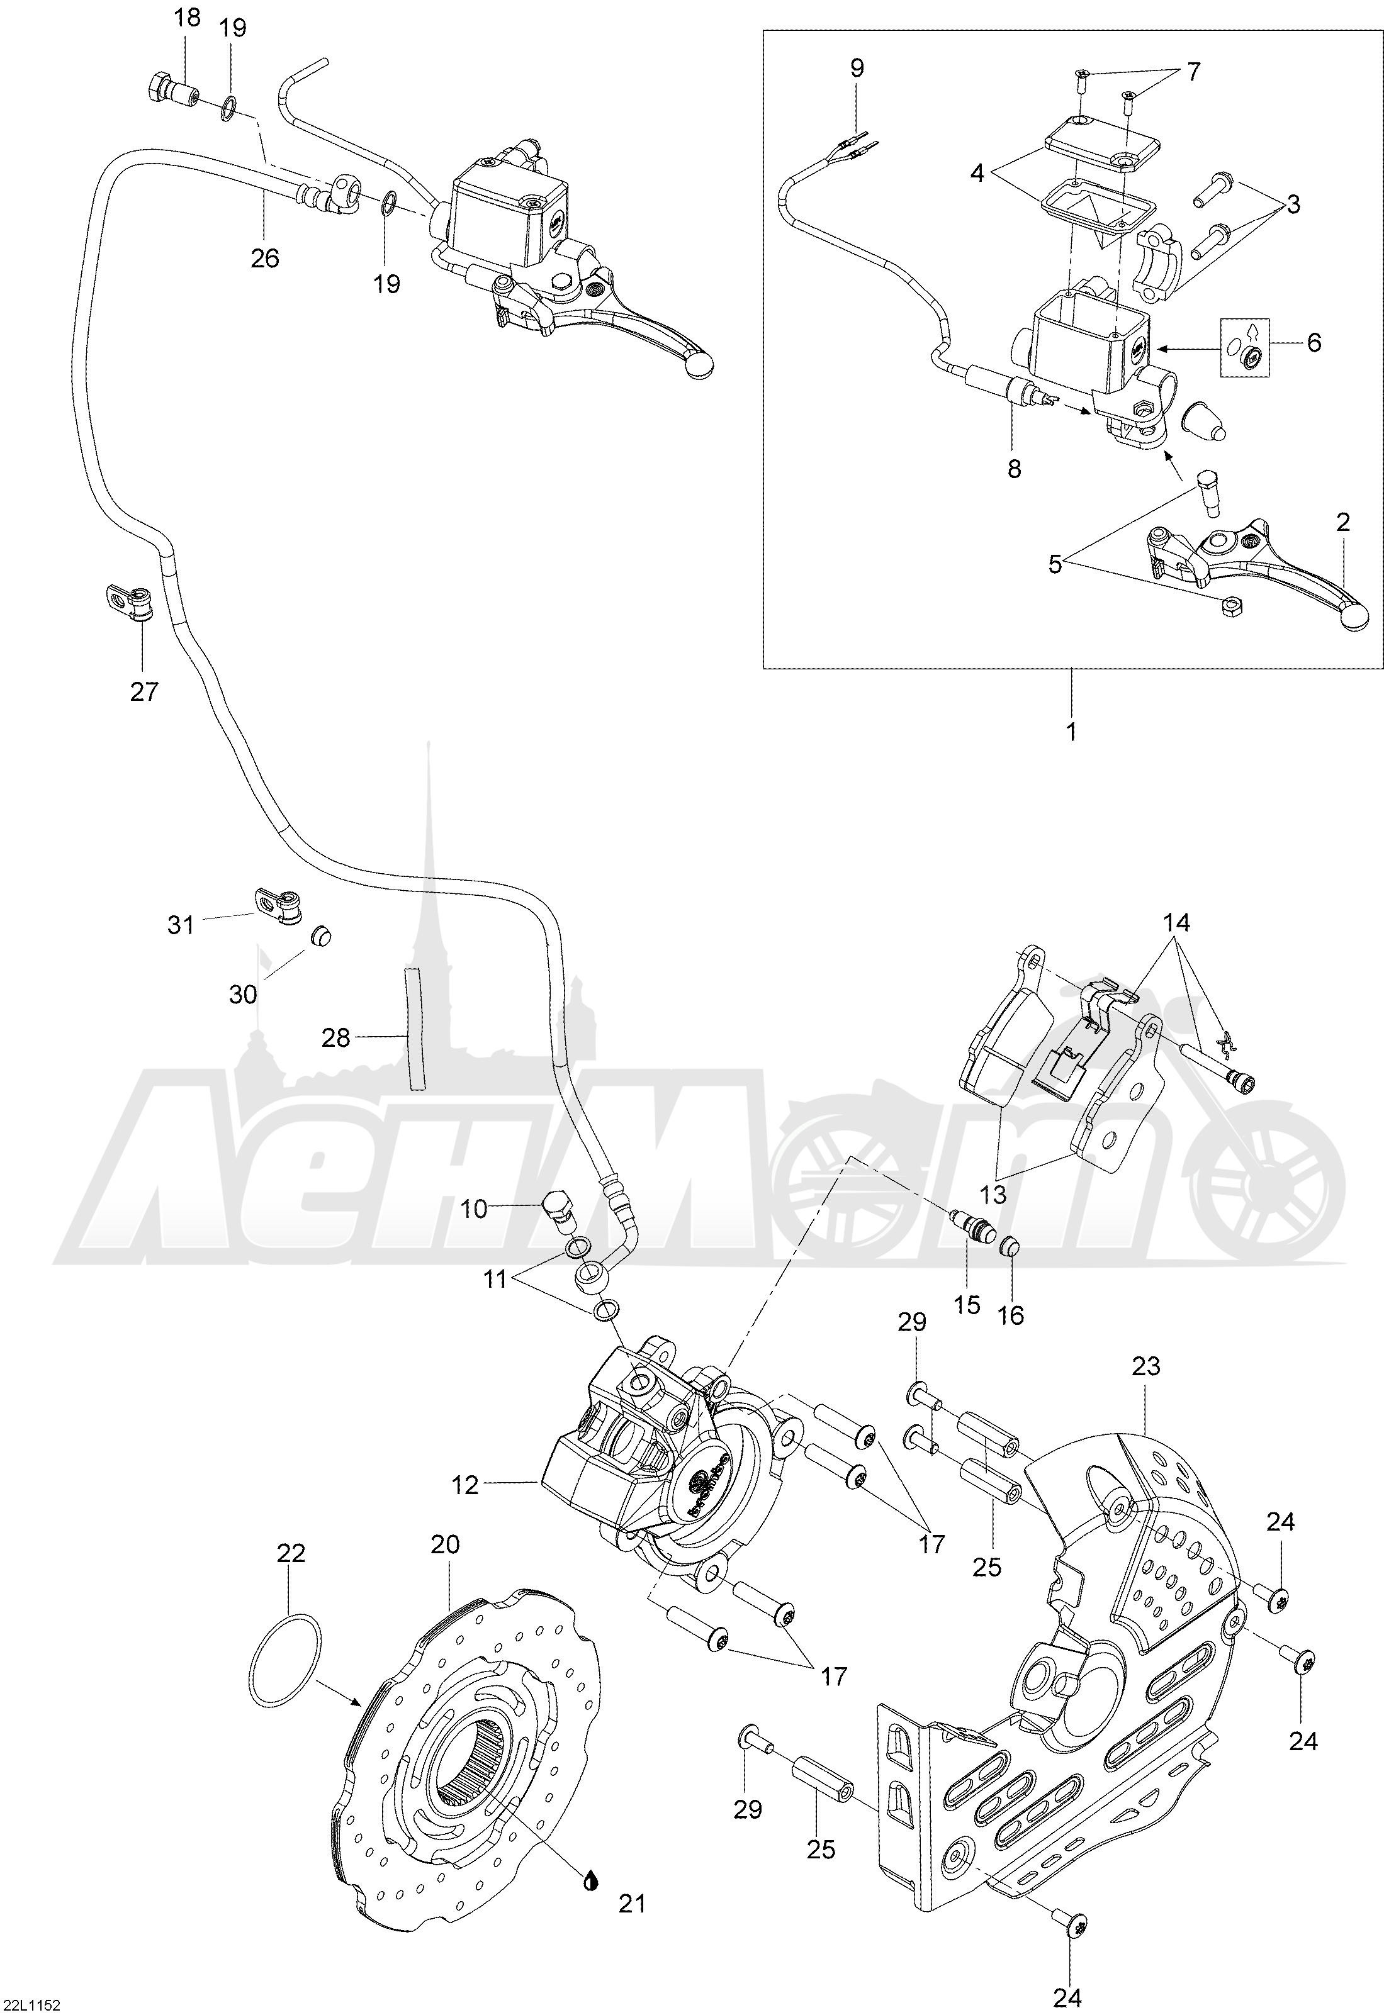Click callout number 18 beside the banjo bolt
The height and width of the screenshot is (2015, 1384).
point(188,18)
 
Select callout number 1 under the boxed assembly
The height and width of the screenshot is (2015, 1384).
point(1071,732)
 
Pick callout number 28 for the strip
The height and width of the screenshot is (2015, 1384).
point(335,1036)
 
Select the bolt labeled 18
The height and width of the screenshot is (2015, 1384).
point(169,89)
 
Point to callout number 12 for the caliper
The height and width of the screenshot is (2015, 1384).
point(466,1485)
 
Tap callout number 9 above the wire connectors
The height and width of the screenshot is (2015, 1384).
point(857,68)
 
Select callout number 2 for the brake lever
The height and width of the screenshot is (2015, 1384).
point(1343,522)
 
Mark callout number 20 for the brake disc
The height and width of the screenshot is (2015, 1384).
point(445,1544)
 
